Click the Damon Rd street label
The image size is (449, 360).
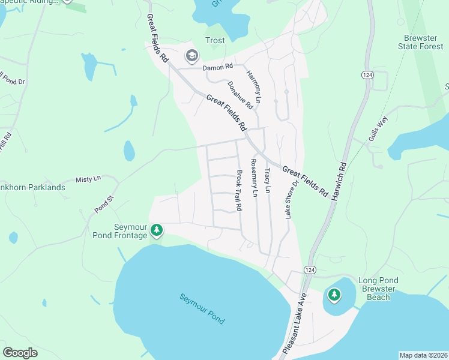[x=217, y=68]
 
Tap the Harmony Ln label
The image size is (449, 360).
[x=255, y=85]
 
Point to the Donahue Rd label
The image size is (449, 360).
[x=240, y=95]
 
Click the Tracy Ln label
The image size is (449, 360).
[x=268, y=180]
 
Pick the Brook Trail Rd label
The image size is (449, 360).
[x=239, y=190]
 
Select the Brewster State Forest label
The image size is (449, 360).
[x=420, y=41]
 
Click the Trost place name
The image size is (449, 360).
[x=215, y=41]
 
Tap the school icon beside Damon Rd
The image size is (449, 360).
[x=192, y=56]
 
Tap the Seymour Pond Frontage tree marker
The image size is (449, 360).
[x=157, y=230]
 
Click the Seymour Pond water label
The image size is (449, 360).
[x=202, y=308]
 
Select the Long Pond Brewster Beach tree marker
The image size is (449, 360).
[x=334, y=295]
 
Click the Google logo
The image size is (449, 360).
[x=20, y=353]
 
